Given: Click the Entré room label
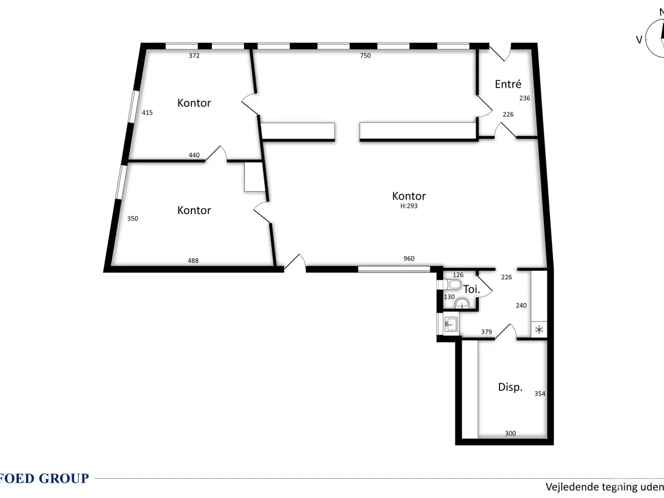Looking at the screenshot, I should point(508,84).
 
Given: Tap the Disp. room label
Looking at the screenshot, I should point(510,387).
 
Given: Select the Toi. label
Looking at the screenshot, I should point(471,289).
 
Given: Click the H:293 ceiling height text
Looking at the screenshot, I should point(409,206).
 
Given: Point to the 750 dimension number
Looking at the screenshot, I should point(365,56).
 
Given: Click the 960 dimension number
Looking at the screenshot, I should point(409,258).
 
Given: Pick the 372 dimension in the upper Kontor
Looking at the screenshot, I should point(194,56).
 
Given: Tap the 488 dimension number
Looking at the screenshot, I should point(193,260).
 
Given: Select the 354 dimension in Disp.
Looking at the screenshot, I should point(539,394).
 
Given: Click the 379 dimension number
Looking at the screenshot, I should point(486,332).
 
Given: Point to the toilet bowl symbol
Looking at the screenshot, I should point(452,284).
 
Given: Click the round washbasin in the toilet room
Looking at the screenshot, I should point(462,305).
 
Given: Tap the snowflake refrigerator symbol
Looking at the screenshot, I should point(539,329).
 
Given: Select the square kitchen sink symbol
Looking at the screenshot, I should point(450,324).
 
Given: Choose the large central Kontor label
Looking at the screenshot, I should point(409,196).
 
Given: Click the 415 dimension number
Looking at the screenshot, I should point(147,113).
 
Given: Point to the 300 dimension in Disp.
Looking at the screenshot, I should point(510,433).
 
